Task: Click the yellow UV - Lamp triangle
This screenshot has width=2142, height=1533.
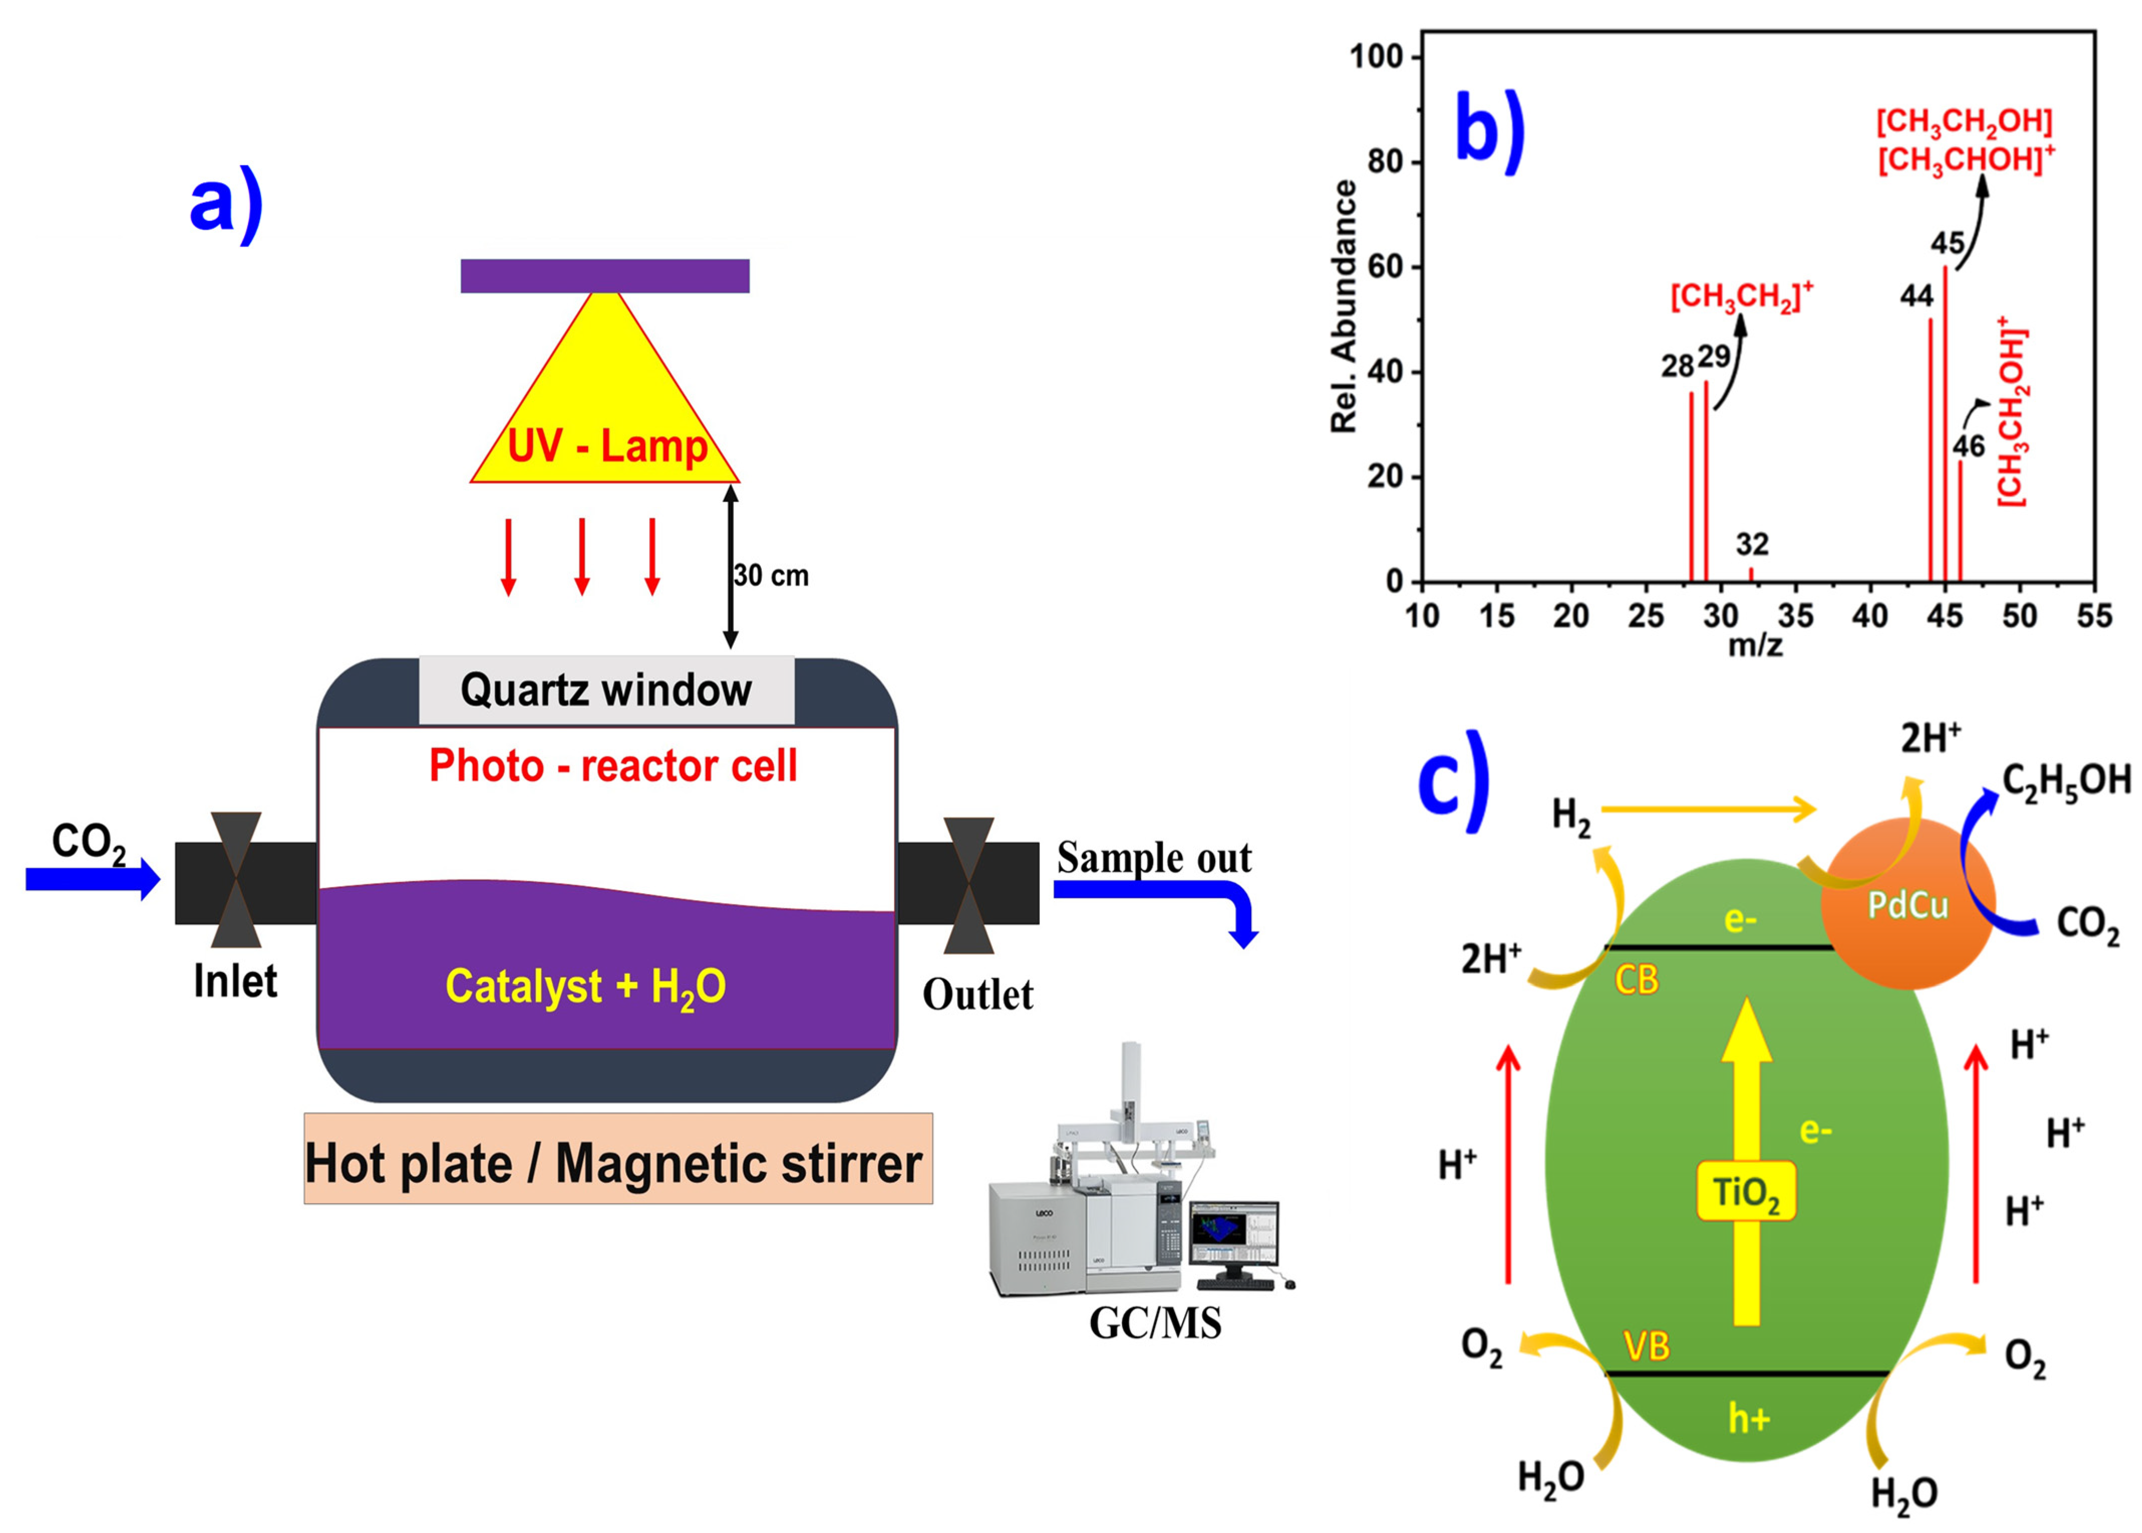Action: (604, 406)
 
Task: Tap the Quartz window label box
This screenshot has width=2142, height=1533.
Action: (606, 690)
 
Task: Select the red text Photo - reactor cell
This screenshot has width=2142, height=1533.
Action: (613, 766)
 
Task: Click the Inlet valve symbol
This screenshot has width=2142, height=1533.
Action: (236, 880)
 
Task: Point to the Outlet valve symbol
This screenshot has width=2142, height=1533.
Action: (968, 886)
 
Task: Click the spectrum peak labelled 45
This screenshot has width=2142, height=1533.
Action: (1945, 425)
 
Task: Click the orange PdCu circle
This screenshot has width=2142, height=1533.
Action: (1907, 904)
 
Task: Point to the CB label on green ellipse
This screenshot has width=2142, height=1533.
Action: (1636, 980)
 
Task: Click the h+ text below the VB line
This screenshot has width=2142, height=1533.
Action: (1748, 1418)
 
